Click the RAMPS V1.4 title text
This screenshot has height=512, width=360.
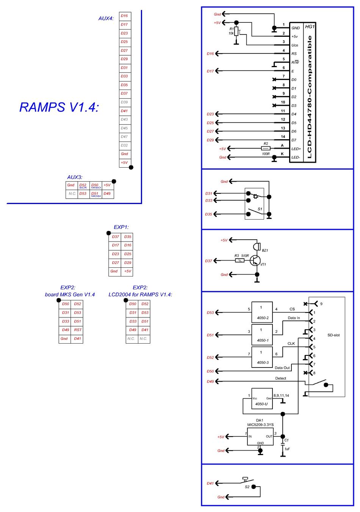point(59,107)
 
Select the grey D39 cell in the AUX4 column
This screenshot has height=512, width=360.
point(124,102)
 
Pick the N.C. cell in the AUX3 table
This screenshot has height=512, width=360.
point(72,194)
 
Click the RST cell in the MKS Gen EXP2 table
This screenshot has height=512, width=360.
point(77,330)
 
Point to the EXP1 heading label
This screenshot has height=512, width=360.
point(121,227)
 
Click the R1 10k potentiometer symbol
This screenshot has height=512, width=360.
point(236,31)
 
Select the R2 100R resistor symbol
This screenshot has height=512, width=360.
point(266,149)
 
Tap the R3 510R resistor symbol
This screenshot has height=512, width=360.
point(239,261)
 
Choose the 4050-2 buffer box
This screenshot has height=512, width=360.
point(262,313)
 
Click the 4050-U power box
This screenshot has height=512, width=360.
point(262,399)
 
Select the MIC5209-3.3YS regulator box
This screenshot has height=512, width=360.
point(260,437)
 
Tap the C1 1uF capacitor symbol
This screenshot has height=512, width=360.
point(283,443)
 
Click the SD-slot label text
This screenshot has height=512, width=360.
point(333,335)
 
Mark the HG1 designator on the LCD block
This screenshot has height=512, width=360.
point(310,27)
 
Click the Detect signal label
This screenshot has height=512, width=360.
point(280,379)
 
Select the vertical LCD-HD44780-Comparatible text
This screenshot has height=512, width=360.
point(310,97)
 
